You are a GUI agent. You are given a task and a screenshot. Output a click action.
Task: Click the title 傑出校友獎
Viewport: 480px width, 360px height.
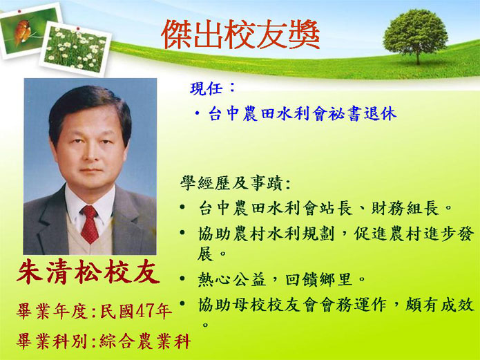coord(240,35)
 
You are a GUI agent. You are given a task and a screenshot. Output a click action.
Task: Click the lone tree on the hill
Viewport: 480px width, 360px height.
coord(415,36)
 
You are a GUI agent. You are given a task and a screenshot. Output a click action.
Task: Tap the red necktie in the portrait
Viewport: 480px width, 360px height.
coord(89,224)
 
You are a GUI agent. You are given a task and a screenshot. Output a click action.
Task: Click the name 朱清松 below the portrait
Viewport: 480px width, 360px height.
coord(60,272)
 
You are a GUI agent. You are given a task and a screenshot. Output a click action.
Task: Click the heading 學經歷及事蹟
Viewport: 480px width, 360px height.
coord(231,183)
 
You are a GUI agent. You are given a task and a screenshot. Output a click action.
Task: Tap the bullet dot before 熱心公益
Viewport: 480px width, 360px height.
coord(182,278)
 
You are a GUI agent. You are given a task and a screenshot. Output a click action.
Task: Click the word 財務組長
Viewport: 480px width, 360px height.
coord(405,209)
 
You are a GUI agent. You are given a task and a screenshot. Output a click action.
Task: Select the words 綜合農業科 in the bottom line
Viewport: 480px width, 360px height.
coord(145,341)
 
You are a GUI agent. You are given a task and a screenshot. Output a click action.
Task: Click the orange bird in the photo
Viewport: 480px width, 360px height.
coord(22,31)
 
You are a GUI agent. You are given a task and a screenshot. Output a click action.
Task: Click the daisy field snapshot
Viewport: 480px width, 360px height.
coord(75,49)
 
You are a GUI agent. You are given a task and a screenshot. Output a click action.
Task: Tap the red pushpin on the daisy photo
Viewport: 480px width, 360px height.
coord(78,29)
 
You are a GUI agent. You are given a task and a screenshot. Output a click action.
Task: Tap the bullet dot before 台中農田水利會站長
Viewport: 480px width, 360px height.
coord(182,207)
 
